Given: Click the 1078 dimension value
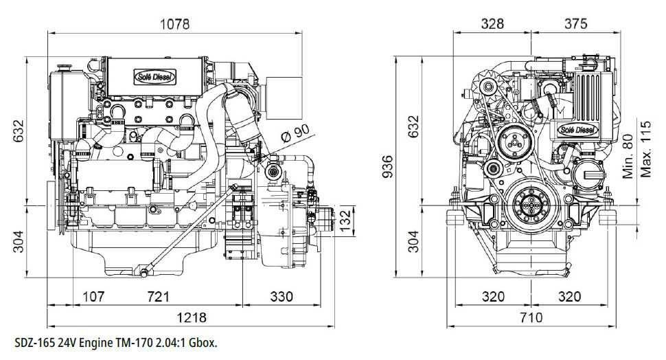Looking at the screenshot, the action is click(x=174, y=24).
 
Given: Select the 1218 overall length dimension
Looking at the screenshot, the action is click(x=192, y=317).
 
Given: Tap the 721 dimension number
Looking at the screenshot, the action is click(x=158, y=296).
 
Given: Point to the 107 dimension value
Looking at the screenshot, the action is click(x=93, y=296).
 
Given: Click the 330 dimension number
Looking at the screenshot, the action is click(x=282, y=296).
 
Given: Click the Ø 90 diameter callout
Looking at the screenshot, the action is click(x=296, y=134).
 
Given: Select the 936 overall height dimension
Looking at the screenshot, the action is click(x=387, y=166).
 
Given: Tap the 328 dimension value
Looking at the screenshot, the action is click(x=492, y=24).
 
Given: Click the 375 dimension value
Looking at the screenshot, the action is click(x=575, y=24).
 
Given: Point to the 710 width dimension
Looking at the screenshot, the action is click(x=531, y=317).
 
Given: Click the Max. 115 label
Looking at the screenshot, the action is click(x=645, y=149).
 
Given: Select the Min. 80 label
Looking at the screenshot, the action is click(x=628, y=157).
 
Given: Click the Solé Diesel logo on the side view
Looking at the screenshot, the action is click(x=155, y=77).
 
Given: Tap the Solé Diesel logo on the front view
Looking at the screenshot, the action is click(x=577, y=130).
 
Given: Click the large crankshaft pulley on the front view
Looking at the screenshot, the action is click(x=529, y=204).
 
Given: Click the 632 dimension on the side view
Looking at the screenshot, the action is click(x=18, y=131).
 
